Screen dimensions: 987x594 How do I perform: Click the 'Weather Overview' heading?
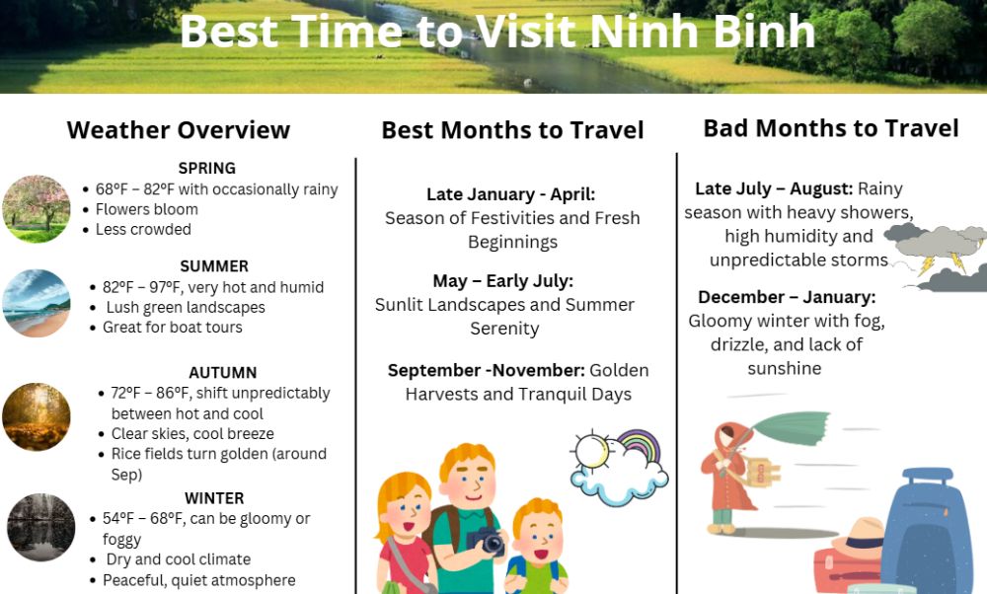coord(178,129)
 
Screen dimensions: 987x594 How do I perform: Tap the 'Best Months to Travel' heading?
coord(512,129)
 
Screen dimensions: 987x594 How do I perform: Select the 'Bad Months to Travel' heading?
coord(831,127)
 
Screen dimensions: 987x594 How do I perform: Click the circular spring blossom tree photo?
coord(37,209)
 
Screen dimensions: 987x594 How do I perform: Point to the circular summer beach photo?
coord(37,303)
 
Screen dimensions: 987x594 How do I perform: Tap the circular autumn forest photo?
coord(37,416)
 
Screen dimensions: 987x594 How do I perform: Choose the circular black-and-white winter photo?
coord(40,527)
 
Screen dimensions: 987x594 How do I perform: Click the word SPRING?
coord(206,168)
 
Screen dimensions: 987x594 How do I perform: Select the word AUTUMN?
coord(223,373)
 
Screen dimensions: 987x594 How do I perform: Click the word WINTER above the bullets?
coord(214,497)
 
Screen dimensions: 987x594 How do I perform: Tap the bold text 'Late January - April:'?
coord(510,193)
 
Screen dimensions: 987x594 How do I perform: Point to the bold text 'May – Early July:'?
coord(503,280)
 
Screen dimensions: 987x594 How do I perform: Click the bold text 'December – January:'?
coord(787,296)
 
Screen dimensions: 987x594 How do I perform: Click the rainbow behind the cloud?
coord(639,445)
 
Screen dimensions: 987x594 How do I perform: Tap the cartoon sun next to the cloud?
coord(591,451)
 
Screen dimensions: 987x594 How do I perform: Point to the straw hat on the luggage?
coord(860,538)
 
